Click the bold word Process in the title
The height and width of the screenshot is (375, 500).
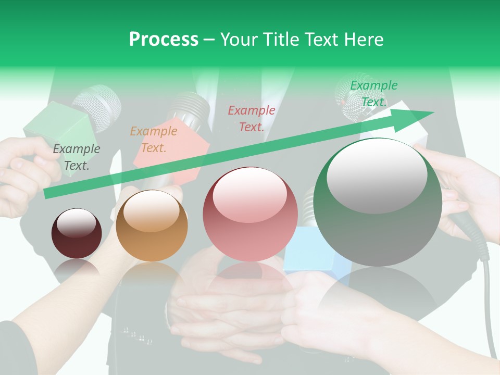coord(164,39)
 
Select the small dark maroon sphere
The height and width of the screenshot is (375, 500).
coord(77,233)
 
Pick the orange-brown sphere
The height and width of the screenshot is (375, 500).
coord(152,226)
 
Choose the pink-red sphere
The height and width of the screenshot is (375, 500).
coord(250,214)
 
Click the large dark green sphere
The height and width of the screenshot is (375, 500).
coord(378,202)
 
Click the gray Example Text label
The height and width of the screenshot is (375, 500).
coord(76,157)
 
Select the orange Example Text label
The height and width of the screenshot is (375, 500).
coord(153,139)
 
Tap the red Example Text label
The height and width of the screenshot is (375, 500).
coord(251,118)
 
